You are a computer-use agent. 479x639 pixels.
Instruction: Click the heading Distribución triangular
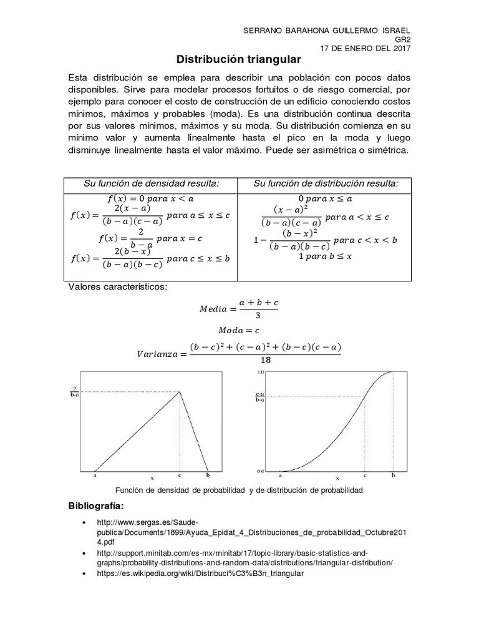click(239, 59)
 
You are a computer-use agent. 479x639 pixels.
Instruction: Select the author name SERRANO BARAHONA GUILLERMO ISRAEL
click(326, 31)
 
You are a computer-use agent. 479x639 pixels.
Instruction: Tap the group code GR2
click(403, 39)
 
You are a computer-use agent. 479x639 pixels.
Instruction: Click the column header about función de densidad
click(152, 183)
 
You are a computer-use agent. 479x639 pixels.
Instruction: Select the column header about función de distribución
click(326, 183)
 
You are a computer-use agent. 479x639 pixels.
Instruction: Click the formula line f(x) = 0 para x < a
click(152, 198)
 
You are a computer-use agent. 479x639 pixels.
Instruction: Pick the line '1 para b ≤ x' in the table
click(326, 256)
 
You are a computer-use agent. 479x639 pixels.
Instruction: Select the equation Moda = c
click(239, 329)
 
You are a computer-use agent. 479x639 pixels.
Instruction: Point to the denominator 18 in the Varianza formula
click(266, 359)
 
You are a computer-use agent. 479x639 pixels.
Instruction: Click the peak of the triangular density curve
click(180, 391)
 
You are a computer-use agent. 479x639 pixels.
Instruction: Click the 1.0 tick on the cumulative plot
click(261, 372)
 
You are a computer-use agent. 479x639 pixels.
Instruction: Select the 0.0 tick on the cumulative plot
click(261, 471)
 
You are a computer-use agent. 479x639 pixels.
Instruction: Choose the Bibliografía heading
click(96, 505)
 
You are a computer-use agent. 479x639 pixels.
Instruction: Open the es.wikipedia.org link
click(200, 573)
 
